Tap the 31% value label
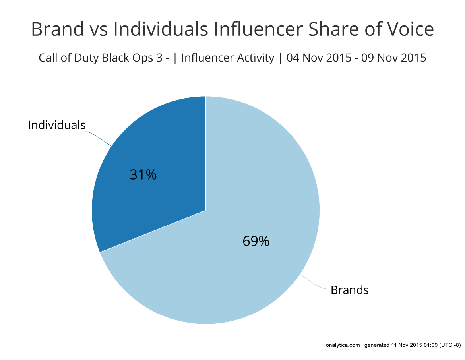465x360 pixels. click(143, 175)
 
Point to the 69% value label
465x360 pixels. click(256, 241)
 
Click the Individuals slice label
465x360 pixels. click(56, 125)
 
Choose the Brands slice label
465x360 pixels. click(349, 290)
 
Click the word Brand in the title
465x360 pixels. click(57, 30)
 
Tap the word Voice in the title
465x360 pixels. click(410, 30)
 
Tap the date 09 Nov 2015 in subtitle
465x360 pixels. click(395, 58)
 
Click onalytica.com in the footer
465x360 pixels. click(342, 345)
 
